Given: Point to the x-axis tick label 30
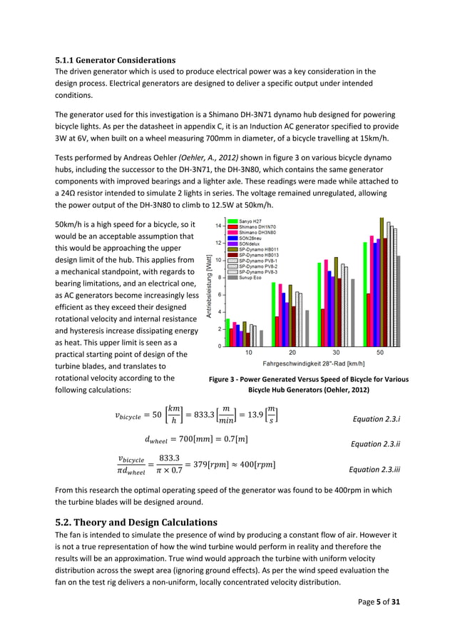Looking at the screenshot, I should click(336, 353).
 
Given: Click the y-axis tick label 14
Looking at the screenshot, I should click(218, 226).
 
